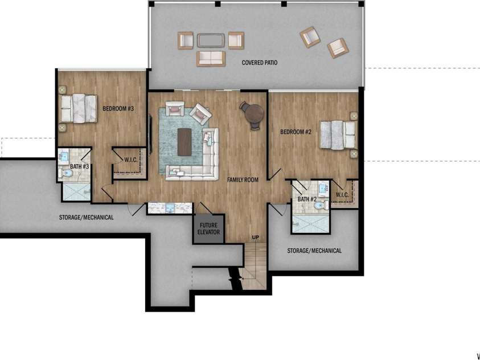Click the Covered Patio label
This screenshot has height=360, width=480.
260,63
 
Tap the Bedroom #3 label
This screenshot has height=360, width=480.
118,108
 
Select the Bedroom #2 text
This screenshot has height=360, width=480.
296,132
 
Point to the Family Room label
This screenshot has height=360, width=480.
243,180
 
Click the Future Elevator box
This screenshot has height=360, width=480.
208,228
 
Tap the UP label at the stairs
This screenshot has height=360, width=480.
255,237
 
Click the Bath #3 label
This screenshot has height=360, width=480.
80,166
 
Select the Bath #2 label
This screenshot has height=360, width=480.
307,199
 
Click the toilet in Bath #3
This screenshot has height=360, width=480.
66,174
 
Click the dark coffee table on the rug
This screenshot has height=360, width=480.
184,142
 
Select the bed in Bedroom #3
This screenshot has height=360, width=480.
79,108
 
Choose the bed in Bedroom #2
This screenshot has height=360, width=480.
338,135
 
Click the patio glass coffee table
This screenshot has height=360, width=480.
211,40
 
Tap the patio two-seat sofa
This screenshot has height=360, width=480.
211,59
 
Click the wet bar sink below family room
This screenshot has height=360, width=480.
170,208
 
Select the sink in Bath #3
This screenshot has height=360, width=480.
64,156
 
